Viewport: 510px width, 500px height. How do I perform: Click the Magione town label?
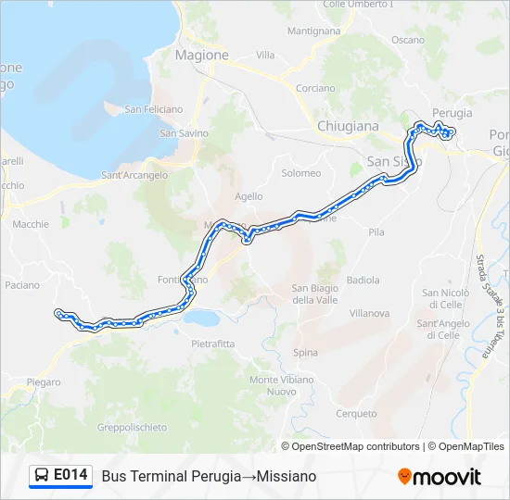(201, 55)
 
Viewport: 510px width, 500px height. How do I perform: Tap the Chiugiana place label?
(348, 125)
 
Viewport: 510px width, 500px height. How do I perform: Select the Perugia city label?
(452, 113)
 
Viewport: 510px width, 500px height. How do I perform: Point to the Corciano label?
(315, 89)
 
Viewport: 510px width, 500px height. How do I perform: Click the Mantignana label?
(313, 31)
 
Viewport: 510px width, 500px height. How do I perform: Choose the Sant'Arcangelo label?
(134, 175)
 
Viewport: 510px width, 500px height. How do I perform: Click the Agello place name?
(249, 196)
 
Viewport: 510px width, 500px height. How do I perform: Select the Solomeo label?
(300, 173)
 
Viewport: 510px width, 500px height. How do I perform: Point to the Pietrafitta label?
(214, 344)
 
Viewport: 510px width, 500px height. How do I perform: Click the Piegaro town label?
(44, 381)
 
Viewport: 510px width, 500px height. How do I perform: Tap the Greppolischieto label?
(132, 427)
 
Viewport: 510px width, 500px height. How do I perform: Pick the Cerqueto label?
(357, 414)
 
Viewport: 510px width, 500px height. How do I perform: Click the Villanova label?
(369, 313)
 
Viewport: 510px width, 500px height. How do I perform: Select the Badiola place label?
(363, 280)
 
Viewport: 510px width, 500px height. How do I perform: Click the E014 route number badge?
(71, 475)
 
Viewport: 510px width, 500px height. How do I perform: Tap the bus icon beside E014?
(42, 475)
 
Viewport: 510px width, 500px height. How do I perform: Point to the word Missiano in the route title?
(287, 476)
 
